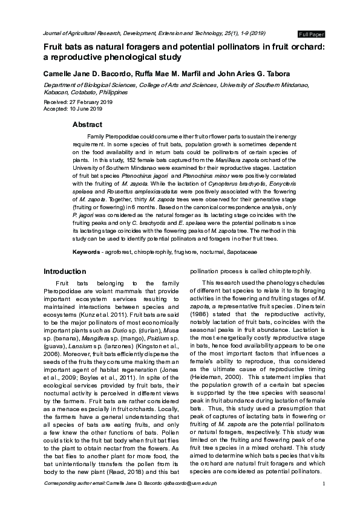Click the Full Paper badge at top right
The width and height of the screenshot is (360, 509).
coord(312,33)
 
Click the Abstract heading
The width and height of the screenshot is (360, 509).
coord(87,125)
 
